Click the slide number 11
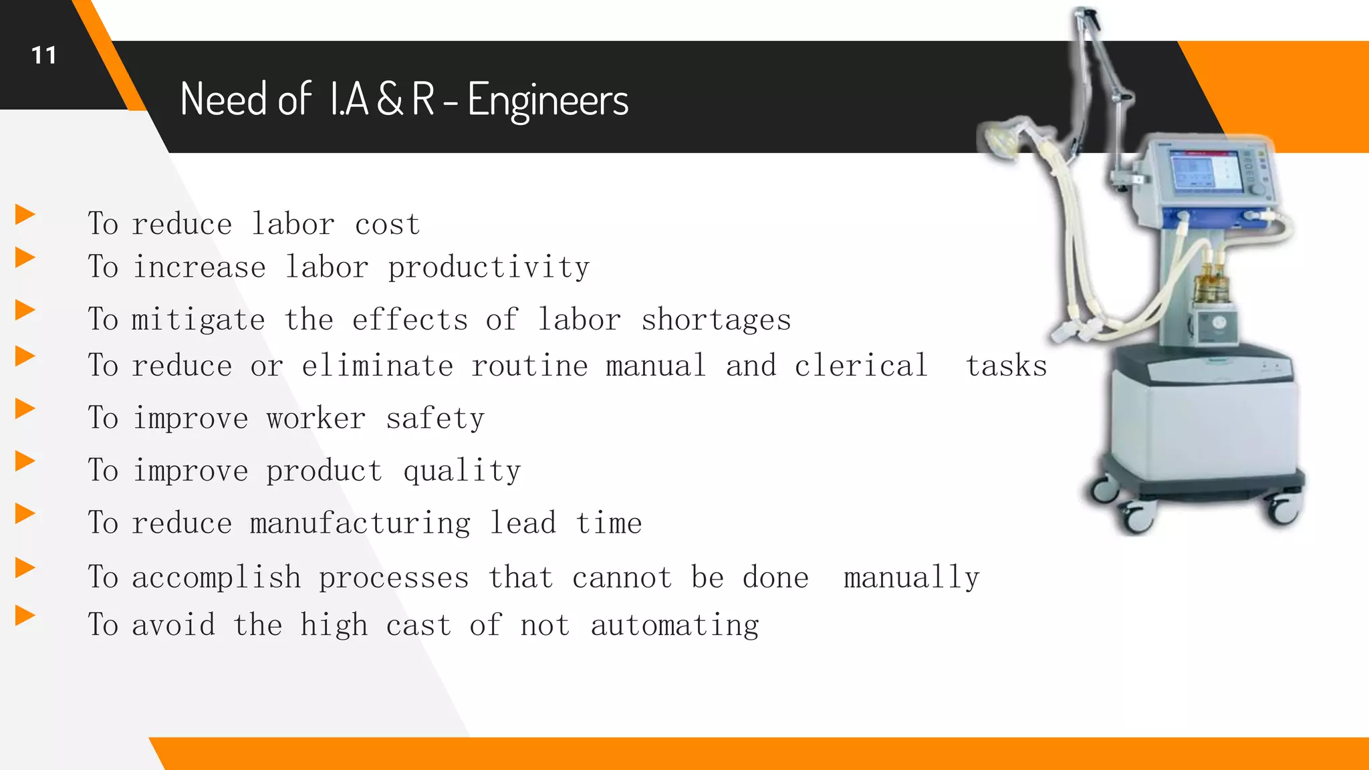(44, 55)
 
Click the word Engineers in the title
(547, 100)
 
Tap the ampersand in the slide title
(390, 100)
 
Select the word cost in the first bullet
(387, 225)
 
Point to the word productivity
(489, 268)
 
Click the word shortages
(716, 320)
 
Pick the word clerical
(861, 366)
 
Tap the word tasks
(1006, 366)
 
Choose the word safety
(435, 419)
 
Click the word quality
(462, 471)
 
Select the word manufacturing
(360, 523)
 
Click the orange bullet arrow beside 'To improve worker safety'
(25, 408)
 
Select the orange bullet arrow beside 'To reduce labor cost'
(25, 215)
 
